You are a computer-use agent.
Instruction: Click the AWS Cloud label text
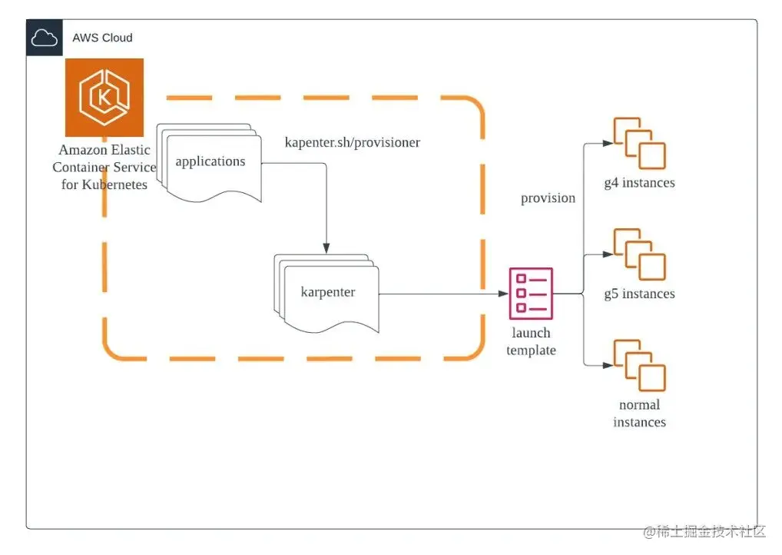coord(102,38)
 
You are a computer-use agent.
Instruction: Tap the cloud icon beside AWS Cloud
coord(44,38)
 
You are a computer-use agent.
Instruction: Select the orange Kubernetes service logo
coord(104,98)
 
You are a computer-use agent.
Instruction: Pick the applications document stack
coord(210,161)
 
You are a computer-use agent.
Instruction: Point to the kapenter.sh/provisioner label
coord(353,142)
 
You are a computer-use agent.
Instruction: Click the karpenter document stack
coord(327,293)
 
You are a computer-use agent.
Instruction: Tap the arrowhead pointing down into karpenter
coord(326,248)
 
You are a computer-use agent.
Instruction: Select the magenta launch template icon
coord(531,293)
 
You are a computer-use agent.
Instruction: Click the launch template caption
coord(531,342)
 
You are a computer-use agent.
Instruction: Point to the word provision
coord(548,198)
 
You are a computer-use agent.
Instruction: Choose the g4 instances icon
coord(639,144)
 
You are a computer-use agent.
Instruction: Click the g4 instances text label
coord(639,183)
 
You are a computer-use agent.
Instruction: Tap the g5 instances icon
coord(639,254)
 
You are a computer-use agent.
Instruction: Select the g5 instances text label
coord(639,294)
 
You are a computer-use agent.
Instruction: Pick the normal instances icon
coord(639,365)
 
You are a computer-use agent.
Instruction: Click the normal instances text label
coord(639,414)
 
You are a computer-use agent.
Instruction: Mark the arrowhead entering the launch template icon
coord(503,294)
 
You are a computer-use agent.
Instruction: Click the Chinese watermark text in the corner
coord(705,531)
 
